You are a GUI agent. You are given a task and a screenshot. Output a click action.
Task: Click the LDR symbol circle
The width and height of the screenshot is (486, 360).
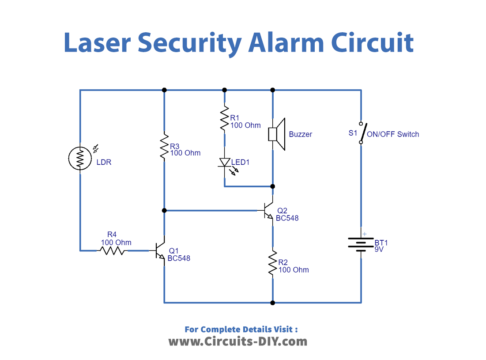coord(80,158)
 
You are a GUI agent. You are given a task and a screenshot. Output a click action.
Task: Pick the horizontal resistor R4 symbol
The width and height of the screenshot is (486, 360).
coord(112,250)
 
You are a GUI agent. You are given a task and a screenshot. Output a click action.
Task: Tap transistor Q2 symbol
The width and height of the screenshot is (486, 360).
coord(268,212)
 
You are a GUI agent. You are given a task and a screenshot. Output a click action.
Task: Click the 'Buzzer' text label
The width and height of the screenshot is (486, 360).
coord(301,134)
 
